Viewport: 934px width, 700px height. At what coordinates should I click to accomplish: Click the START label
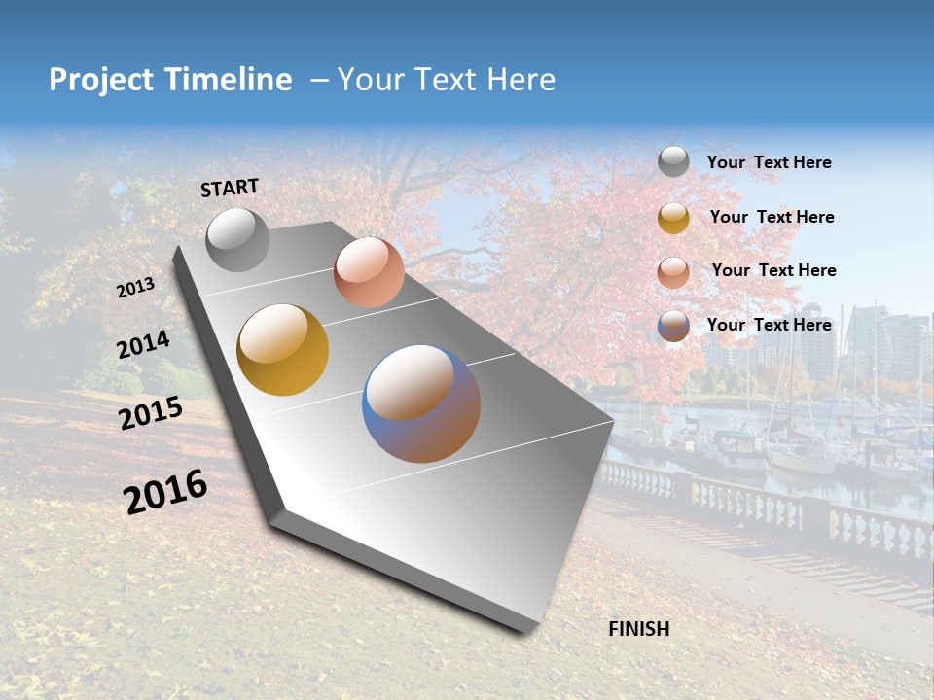pyautogui.click(x=230, y=187)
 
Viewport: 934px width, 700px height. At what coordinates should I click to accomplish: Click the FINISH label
pyautogui.click(x=639, y=629)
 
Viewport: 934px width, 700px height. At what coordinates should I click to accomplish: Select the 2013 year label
pyautogui.click(x=135, y=288)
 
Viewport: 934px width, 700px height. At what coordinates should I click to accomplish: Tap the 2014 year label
pyautogui.click(x=143, y=345)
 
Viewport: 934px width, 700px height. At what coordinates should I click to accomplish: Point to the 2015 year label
pyautogui.click(x=151, y=413)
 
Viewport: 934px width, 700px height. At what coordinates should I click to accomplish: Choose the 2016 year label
pyautogui.click(x=165, y=492)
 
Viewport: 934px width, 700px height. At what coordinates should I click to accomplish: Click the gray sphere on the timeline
pyautogui.click(x=237, y=239)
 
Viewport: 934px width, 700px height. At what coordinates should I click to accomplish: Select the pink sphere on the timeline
pyautogui.click(x=369, y=272)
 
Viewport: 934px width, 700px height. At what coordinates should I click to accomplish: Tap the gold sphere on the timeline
pyautogui.click(x=282, y=350)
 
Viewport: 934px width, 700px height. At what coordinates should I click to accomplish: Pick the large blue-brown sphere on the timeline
pyautogui.click(x=421, y=403)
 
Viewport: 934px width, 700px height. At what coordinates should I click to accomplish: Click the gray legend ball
pyautogui.click(x=673, y=161)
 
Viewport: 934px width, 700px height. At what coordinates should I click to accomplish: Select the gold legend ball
pyautogui.click(x=673, y=218)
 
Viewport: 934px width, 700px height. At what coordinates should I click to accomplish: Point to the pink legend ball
pyautogui.click(x=673, y=272)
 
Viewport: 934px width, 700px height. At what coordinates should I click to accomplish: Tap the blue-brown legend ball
pyautogui.click(x=673, y=326)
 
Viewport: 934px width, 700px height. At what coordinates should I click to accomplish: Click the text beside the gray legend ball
pyautogui.click(x=769, y=163)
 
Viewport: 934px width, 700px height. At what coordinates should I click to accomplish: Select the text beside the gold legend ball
pyautogui.click(x=772, y=217)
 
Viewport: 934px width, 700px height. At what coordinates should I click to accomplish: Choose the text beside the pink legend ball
pyautogui.click(x=773, y=270)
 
